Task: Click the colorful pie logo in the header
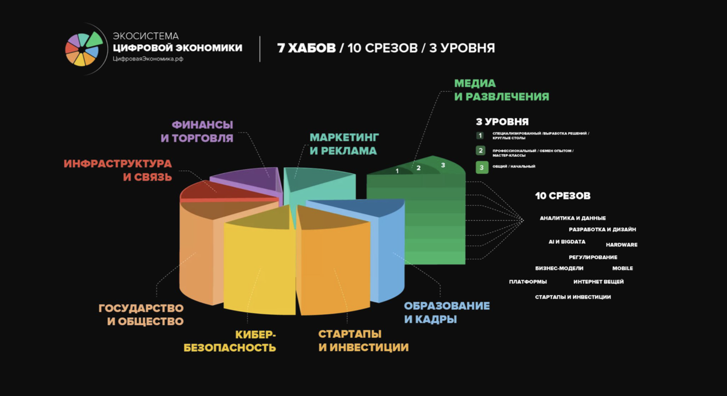(x=83, y=48)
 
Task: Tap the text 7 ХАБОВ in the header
(x=306, y=48)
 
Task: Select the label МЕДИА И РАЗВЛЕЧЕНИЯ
(x=502, y=90)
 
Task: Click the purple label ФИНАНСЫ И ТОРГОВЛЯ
(x=197, y=131)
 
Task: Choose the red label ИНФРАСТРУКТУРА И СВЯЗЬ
(x=118, y=170)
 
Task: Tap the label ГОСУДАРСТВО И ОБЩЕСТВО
(x=141, y=314)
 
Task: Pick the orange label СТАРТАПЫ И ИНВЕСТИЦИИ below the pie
(x=363, y=341)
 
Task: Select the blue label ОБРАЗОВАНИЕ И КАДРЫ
(x=446, y=312)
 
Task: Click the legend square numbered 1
(x=480, y=136)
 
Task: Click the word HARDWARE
(x=622, y=245)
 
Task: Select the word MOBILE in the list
(x=622, y=268)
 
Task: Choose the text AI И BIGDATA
(x=566, y=242)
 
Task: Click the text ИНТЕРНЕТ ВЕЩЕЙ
(x=598, y=282)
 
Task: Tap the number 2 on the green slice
(x=418, y=168)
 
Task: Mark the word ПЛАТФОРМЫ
(x=528, y=282)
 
